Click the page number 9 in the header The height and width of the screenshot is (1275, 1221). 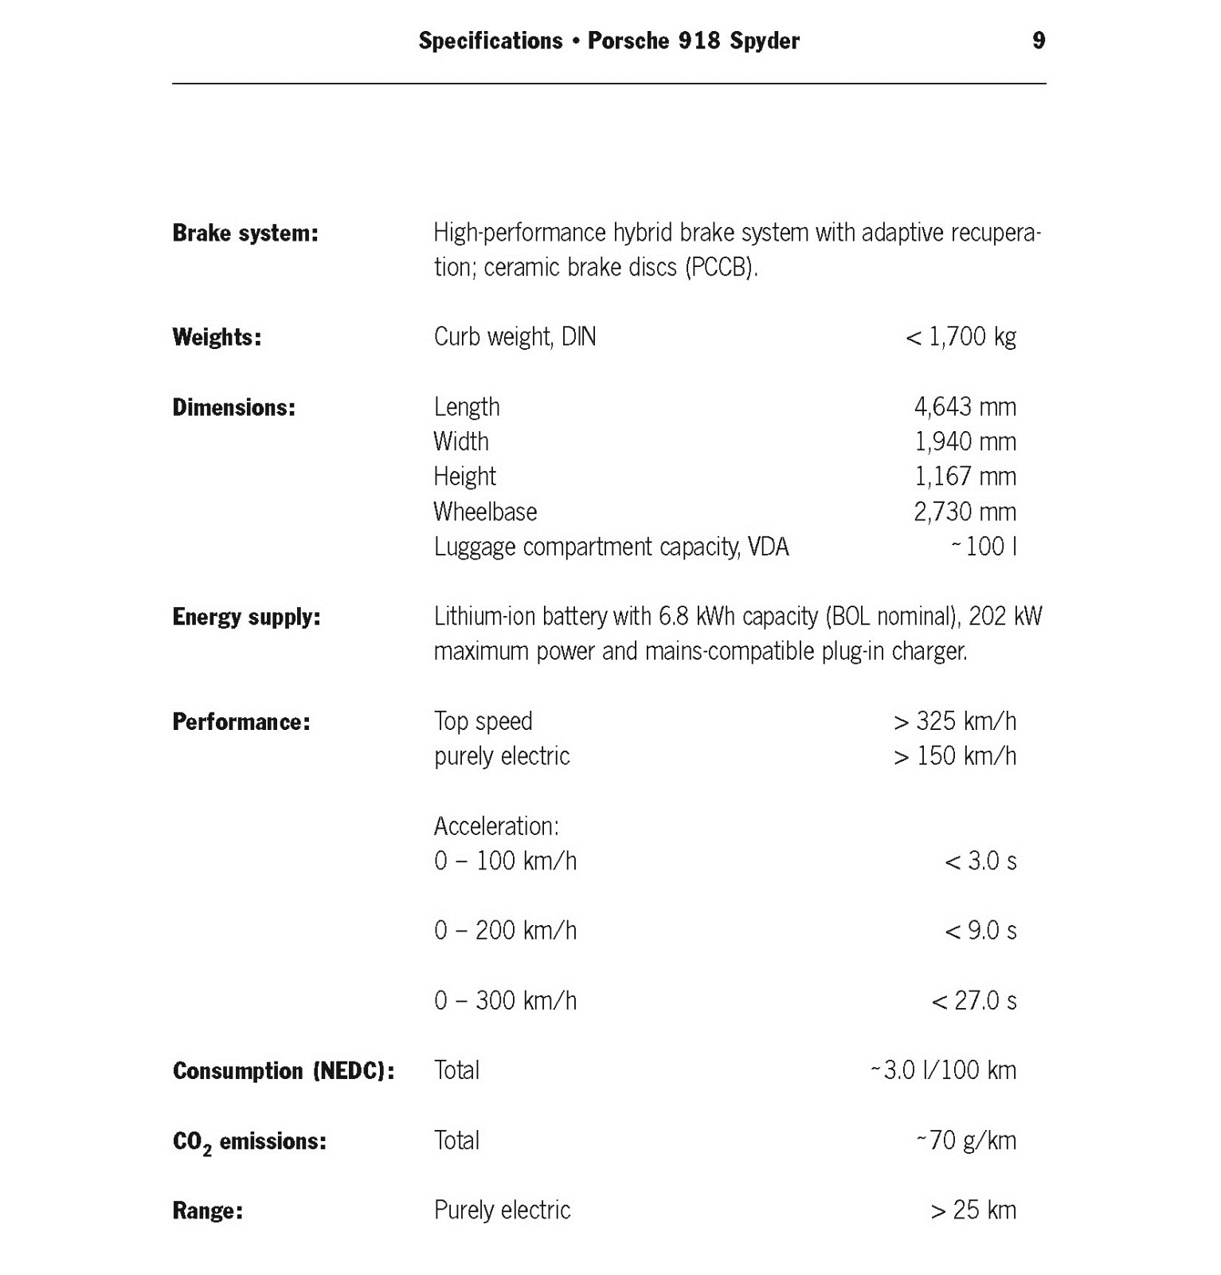coord(1038,41)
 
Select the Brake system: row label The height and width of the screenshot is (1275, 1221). coord(245,233)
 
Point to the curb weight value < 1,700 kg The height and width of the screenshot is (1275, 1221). coord(961,337)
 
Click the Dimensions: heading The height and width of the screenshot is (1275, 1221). coord(233,408)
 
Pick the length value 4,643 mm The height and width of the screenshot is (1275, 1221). coord(965,407)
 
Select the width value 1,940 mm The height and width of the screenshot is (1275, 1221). coord(965,441)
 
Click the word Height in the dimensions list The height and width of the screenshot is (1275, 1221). coord(464,477)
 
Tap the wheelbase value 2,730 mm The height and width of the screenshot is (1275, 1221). coord(965,512)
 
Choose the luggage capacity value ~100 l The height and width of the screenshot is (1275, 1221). coord(984,547)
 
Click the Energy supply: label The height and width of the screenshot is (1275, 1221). coord(246,618)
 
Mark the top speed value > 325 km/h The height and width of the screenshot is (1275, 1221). coord(954,721)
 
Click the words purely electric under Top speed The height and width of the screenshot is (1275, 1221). coord(502,756)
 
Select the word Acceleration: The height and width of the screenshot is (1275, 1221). coord(496,826)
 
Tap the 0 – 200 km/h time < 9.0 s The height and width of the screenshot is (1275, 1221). coord(980,931)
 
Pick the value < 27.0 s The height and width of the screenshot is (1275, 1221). coord(973,1001)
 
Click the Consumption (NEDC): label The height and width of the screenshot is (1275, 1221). coord(284,1071)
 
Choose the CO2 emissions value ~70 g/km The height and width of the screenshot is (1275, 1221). coord(965,1141)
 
